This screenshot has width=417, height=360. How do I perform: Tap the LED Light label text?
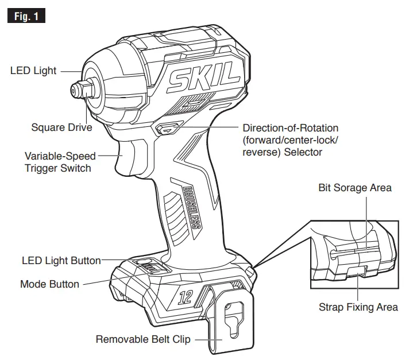33,71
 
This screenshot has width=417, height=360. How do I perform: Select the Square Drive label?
61,127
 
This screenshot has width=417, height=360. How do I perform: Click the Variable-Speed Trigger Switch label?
58,162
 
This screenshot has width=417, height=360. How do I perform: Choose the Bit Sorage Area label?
355,188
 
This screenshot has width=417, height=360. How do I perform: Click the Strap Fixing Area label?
358,307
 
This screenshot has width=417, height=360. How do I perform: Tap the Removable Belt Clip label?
143,339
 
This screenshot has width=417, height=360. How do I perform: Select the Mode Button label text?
49,284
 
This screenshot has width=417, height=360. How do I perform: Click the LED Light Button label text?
61,260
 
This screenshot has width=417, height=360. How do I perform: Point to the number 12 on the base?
186,297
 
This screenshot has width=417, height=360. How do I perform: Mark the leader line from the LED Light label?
71,71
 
